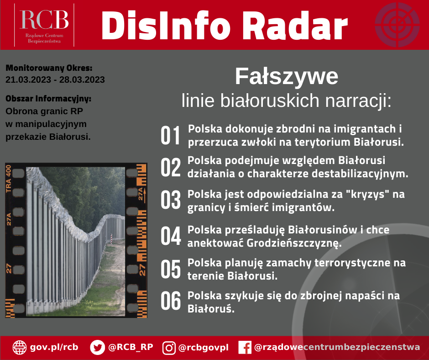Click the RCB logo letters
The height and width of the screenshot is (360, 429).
(x=44, y=20)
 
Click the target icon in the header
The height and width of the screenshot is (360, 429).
(x=397, y=25)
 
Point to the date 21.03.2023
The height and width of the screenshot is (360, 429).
(x=28, y=80)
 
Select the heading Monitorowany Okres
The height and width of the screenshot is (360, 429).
(x=49, y=68)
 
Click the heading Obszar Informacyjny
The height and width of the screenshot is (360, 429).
(x=48, y=99)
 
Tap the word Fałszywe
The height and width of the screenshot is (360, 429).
(x=287, y=76)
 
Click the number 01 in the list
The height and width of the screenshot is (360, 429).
(x=170, y=135)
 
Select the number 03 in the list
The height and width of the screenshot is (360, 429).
(x=170, y=200)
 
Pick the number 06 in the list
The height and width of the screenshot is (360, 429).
(x=171, y=301)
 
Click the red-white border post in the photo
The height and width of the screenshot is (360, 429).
(x=111, y=239)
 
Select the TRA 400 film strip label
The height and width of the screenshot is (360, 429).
(x=9, y=178)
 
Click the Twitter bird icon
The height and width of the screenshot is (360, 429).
(x=97, y=347)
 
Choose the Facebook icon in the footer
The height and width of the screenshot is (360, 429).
(x=245, y=347)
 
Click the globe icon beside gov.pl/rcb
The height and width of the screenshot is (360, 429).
(x=20, y=347)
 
